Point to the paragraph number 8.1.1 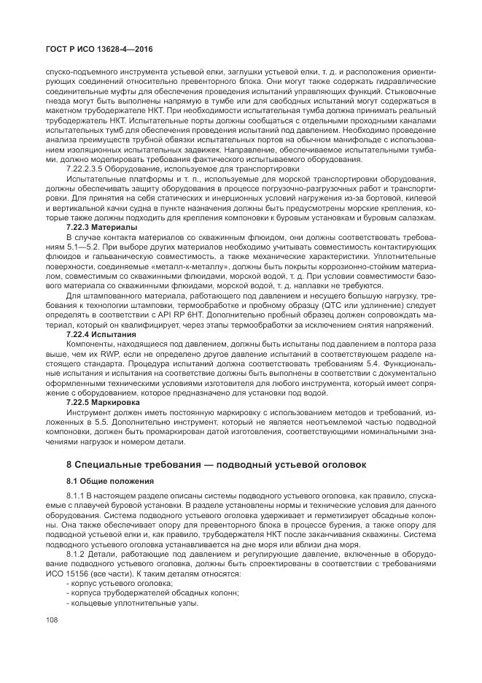coord(77,495)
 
